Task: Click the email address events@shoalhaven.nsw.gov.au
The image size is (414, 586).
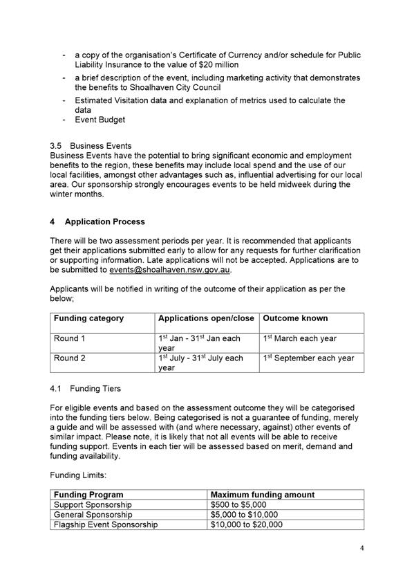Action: [x=169, y=270]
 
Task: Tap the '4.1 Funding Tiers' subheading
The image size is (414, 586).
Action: [x=81, y=389]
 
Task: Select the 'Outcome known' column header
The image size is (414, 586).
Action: [x=295, y=318]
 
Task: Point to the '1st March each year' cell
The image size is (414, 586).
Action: [x=299, y=339]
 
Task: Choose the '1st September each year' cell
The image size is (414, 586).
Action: [x=308, y=358]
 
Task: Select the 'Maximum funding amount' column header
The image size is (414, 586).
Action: [x=262, y=495]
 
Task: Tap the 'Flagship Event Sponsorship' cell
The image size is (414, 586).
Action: [x=105, y=525]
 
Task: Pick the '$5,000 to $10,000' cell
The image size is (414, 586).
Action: [x=244, y=515]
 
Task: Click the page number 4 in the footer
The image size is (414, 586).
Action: [x=361, y=549]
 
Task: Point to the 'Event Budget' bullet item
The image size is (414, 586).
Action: [x=100, y=120]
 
